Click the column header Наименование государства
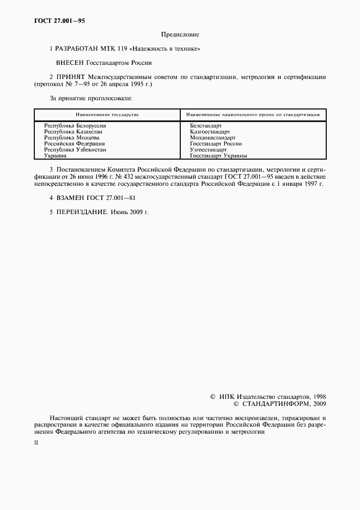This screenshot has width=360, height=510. point(107,115)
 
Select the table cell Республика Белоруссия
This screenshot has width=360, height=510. point(75,126)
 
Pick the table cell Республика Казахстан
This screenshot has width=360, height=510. point(74,131)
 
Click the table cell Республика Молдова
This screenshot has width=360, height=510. point(72,137)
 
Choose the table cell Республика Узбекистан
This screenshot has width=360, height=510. point(75,149)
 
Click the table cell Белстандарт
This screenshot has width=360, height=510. point(206,126)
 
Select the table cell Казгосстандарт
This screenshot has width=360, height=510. point(210,131)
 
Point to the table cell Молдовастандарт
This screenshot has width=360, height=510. point(213,137)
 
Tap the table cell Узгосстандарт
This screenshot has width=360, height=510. point(208,149)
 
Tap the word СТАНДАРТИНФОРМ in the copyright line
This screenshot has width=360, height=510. point(269,404)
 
